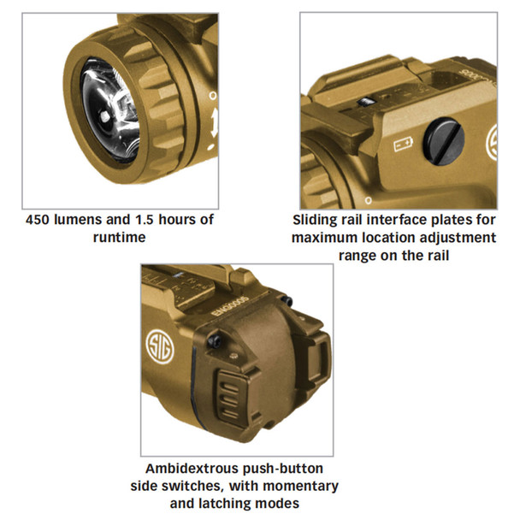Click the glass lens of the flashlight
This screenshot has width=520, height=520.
pyautogui.click(x=109, y=110)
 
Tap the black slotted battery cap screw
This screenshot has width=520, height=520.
pyautogui.click(x=444, y=141)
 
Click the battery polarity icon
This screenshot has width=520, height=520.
pyautogui.click(x=404, y=145)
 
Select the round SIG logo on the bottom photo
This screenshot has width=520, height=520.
pyautogui.click(x=160, y=346)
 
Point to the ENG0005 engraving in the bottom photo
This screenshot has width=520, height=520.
pyautogui.click(x=230, y=306)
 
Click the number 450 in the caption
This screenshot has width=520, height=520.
pyautogui.click(x=38, y=220)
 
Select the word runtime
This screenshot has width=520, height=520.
pyautogui.click(x=120, y=238)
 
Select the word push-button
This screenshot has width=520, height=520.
pyautogui.click(x=283, y=470)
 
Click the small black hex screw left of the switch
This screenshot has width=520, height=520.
pyautogui.click(x=214, y=340)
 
